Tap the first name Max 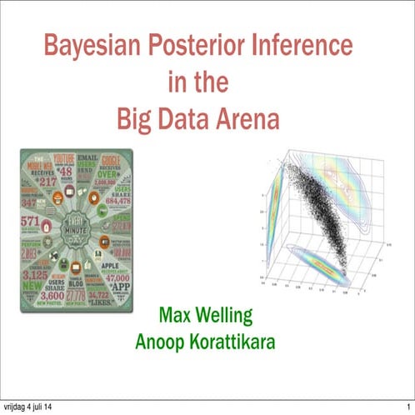point(176,317)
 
